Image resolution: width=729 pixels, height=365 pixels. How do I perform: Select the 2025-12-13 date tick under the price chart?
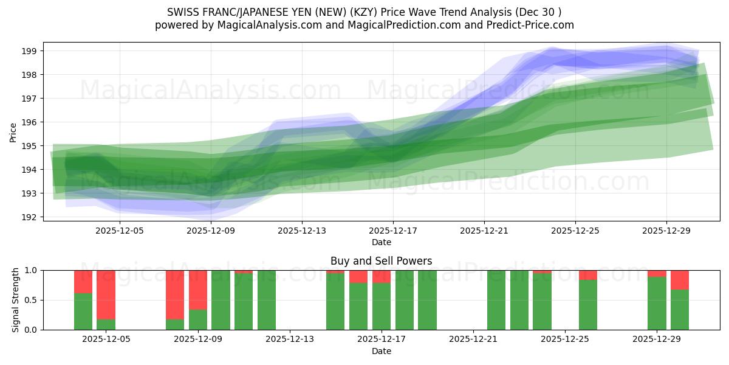pyautogui.click(x=302, y=231)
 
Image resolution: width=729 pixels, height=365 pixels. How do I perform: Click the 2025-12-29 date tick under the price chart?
pyautogui.click(x=666, y=231)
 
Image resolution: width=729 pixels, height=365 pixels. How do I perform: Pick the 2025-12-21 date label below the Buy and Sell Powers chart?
pyautogui.click(x=473, y=339)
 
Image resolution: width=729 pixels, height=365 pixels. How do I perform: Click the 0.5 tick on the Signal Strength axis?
pyautogui.click(x=31, y=300)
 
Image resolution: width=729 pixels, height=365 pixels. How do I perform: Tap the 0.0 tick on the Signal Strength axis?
pyautogui.click(x=31, y=330)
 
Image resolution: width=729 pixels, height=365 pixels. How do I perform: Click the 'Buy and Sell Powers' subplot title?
pyautogui.click(x=381, y=261)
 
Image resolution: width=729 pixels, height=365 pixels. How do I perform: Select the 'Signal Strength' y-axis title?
pyautogui.click(x=15, y=300)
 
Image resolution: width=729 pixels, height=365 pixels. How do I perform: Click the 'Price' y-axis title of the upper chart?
pyautogui.click(x=13, y=131)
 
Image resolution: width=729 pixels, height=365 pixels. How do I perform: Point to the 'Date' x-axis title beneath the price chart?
pyautogui.click(x=381, y=242)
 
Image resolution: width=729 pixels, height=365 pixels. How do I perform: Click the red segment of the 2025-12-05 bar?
pyautogui.click(x=106, y=294)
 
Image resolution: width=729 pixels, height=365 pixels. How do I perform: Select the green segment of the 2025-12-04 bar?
pyautogui.click(x=83, y=311)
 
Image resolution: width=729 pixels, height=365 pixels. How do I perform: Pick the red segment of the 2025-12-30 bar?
pyautogui.click(x=680, y=280)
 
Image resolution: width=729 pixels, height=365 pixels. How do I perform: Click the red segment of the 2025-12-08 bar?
pyautogui.click(x=175, y=294)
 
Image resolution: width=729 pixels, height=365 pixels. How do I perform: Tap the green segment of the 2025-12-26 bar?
pyautogui.click(x=588, y=305)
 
